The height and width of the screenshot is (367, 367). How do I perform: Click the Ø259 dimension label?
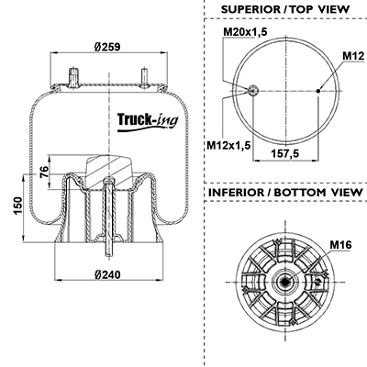click(107, 47)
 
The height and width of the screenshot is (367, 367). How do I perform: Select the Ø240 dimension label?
click(107, 274)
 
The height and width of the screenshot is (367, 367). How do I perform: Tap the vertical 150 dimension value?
click(17, 206)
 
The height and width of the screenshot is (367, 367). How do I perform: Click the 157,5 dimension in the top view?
click(285, 153)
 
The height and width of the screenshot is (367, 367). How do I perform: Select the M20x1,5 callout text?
click(245, 31)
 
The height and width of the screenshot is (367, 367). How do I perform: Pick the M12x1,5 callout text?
click(228, 145)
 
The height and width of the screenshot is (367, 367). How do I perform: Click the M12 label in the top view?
click(353, 56)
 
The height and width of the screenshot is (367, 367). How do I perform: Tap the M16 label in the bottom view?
click(340, 245)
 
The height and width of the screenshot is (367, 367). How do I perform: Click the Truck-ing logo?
click(148, 121)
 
